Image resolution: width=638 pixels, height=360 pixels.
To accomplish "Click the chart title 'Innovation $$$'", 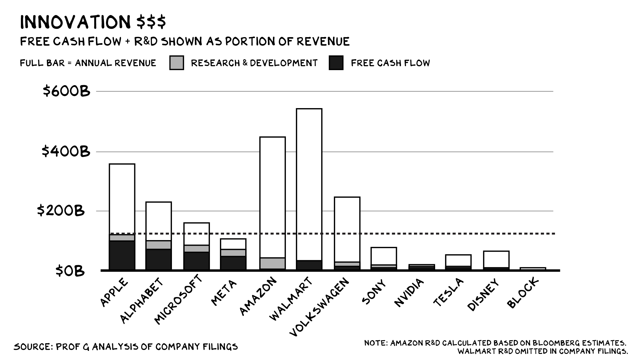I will (93, 22).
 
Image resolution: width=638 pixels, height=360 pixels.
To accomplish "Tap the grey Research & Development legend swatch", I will (177, 63).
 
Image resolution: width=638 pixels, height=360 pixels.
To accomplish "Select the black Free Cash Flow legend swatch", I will (336, 63).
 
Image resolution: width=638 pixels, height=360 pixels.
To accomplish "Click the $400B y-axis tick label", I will (66, 151).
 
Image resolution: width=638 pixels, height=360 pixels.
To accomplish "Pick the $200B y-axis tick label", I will (61, 211).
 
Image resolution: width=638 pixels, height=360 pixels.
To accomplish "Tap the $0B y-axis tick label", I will (70, 271).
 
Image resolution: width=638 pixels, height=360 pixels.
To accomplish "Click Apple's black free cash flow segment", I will (122, 255).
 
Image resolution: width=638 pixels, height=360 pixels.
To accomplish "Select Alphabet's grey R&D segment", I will (158, 245).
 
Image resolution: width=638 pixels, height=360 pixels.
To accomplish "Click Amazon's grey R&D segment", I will (272, 263).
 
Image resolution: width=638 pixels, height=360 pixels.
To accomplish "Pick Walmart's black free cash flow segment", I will (309, 265).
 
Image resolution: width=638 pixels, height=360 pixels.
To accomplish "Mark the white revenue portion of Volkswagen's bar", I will (347, 229).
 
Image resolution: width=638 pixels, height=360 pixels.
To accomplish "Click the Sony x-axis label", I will (374, 292).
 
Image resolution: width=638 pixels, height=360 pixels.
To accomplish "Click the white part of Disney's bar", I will (496, 259).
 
